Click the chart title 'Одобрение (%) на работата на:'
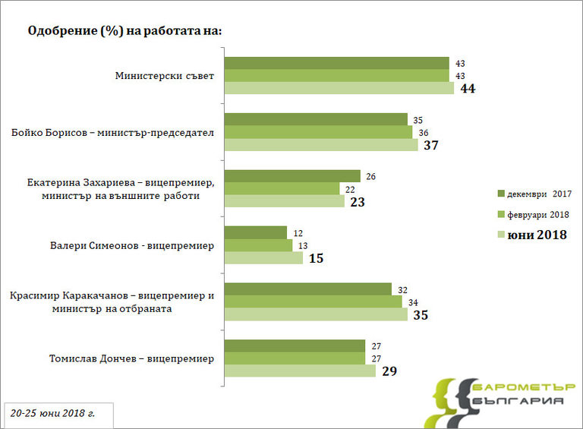coord(124,31)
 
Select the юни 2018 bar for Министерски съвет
coord(339,88)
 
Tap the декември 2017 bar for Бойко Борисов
coord(316,120)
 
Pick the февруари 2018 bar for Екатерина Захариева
coord(282,188)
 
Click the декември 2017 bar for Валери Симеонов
coord(255,232)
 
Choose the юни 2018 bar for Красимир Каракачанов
coord(318,314)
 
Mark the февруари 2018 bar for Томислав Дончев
coord(295,358)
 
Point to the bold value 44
coord(468,89)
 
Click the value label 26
coord(371,177)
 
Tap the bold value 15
coord(316,258)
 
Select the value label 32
coord(402,289)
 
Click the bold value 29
coord(389,371)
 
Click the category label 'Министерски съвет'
coord(165,76)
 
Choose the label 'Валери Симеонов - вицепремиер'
coord(131,245)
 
